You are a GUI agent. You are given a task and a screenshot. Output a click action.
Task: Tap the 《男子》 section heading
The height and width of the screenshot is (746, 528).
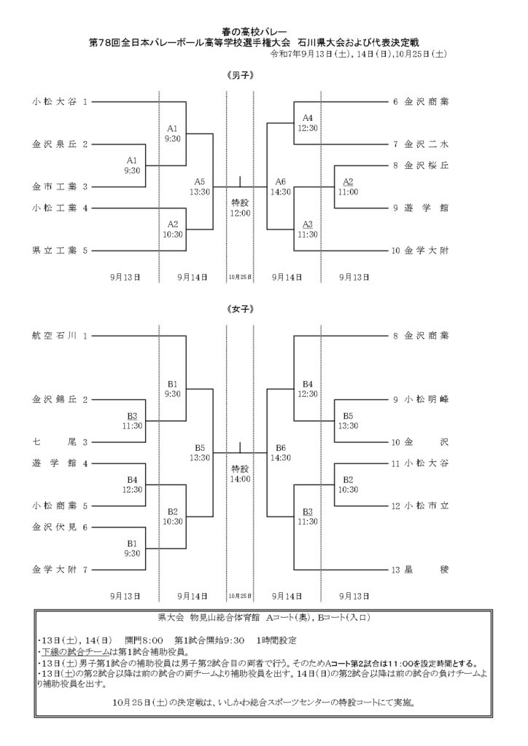click(x=241, y=76)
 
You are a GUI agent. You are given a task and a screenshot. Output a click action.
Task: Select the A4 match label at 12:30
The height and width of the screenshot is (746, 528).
click(x=308, y=123)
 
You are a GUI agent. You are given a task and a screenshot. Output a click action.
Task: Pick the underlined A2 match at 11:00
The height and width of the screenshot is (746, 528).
click(x=348, y=186)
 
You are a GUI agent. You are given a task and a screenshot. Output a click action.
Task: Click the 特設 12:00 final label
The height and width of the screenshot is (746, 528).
click(x=240, y=208)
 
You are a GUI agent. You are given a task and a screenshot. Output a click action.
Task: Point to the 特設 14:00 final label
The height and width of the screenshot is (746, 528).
click(x=240, y=474)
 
